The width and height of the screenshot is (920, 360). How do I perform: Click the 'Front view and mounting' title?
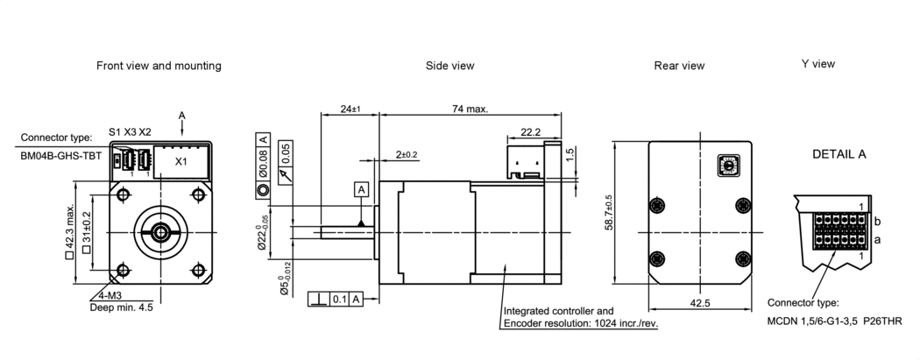point(159,66)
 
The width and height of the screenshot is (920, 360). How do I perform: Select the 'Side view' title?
point(449,66)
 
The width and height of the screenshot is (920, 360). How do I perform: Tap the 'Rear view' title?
point(679,66)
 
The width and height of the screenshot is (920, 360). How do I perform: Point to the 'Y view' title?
point(817,64)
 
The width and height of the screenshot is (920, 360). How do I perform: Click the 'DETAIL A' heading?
point(839,154)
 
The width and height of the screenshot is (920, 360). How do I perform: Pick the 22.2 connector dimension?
point(531,132)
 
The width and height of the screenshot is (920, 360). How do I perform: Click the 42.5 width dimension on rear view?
point(698,304)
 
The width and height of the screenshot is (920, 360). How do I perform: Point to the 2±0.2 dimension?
point(407,154)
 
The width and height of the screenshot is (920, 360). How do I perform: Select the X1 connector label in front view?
point(181,162)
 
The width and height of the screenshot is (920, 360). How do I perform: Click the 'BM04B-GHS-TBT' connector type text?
point(61,155)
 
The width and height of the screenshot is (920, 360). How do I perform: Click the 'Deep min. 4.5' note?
point(122,307)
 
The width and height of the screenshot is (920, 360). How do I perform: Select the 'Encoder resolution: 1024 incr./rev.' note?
point(580,322)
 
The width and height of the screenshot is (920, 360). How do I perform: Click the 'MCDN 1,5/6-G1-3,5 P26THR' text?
point(834,321)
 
